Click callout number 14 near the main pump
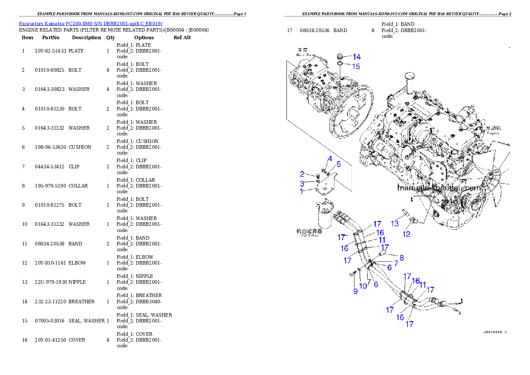coord(357,57)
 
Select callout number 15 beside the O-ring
coord(356,67)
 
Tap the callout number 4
coord(330,159)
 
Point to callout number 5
coord(338,164)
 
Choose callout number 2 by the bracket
coord(302,174)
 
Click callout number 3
coord(302,183)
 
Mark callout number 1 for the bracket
coord(302,192)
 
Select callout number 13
coord(395,224)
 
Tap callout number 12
coord(407,235)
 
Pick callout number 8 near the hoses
coord(401,257)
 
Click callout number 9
coord(355,291)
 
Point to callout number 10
coord(363,286)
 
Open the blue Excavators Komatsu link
coord(90,23)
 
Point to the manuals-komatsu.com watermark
coord(439,188)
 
